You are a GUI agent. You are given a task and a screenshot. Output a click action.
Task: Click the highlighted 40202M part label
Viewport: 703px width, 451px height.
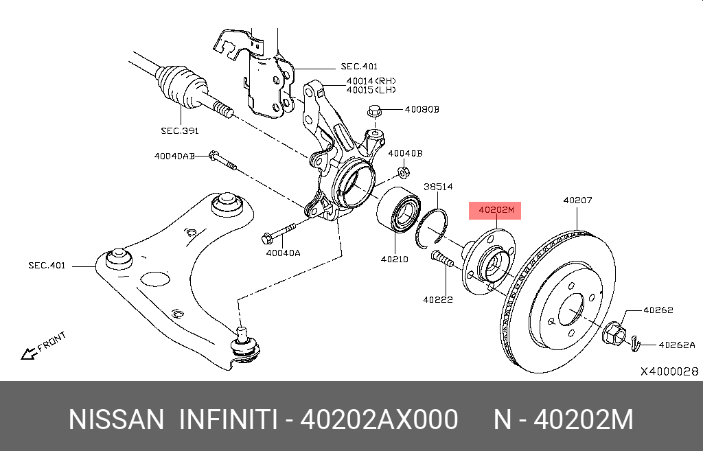tap(495, 210)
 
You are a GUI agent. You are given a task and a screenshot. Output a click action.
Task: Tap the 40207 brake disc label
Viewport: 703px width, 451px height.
tap(577, 200)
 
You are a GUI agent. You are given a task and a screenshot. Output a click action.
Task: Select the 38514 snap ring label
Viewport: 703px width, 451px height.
tap(437, 186)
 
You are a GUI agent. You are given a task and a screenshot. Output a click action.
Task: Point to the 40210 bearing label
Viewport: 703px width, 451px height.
tap(395, 259)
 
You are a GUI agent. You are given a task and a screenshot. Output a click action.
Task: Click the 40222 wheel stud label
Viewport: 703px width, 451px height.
tap(437, 299)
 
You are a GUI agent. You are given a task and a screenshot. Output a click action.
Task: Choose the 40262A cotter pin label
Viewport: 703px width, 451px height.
tap(677, 345)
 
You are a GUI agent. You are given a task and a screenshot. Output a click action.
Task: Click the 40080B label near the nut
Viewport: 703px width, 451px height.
tap(421, 109)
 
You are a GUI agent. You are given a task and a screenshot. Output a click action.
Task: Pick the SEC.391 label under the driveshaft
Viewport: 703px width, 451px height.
tap(180, 130)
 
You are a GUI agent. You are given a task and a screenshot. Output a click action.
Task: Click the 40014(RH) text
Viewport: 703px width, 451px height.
tap(371, 80)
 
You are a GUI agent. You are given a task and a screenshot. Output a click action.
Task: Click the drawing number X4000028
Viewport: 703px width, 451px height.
tap(669, 371)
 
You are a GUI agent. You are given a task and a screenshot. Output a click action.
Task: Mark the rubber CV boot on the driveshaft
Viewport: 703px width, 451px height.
tap(181, 86)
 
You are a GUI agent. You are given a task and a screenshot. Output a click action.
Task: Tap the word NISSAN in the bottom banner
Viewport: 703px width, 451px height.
tap(116, 419)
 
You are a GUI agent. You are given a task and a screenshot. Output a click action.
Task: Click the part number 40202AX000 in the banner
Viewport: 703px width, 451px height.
tap(380, 419)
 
